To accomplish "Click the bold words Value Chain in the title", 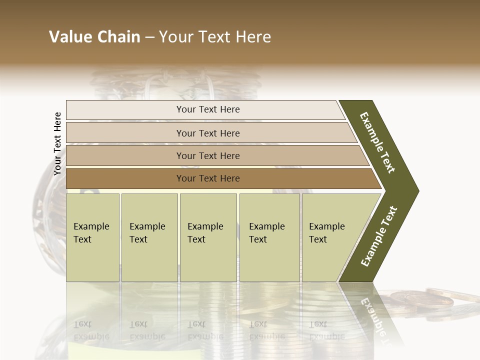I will pyautogui.click(x=94, y=37).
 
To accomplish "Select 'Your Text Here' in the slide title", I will pyautogui.click(x=215, y=37).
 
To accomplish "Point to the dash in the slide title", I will pyautogui.click(x=149, y=37).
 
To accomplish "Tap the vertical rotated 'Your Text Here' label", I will pyautogui.click(x=57, y=143).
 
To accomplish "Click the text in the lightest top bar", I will pyautogui.click(x=208, y=109).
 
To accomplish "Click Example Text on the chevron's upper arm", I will pyautogui.click(x=377, y=142).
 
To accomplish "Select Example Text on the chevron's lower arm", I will pyautogui.click(x=379, y=236).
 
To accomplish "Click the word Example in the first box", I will pyautogui.click(x=91, y=226).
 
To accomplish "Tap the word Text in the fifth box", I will pyautogui.click(x=317, y=239).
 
